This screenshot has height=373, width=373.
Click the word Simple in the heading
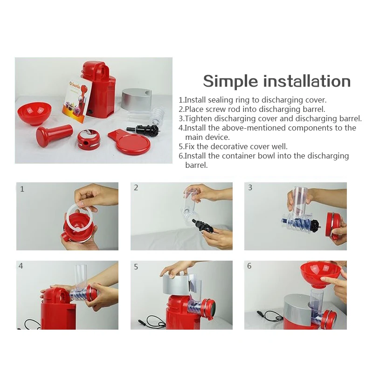point(230,82)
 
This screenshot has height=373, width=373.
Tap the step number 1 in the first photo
point(22,189)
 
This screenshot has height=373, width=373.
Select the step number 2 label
point(136,188)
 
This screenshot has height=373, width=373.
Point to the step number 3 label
point(250,188)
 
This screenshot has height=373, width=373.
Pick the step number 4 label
point(21,266)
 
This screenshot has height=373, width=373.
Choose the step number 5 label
point(136,267)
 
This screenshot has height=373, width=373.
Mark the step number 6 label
point(249,266)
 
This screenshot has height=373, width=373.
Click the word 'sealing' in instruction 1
point(221,100)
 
